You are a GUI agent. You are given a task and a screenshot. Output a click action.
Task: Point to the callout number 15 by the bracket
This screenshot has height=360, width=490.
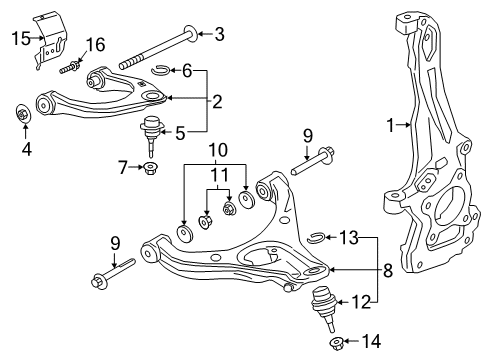pos(19,40)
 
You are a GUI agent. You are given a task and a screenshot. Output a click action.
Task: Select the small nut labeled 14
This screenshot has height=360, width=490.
pos(337,344)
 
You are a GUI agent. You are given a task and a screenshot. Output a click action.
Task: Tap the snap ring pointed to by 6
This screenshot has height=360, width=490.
pos(165,70)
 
